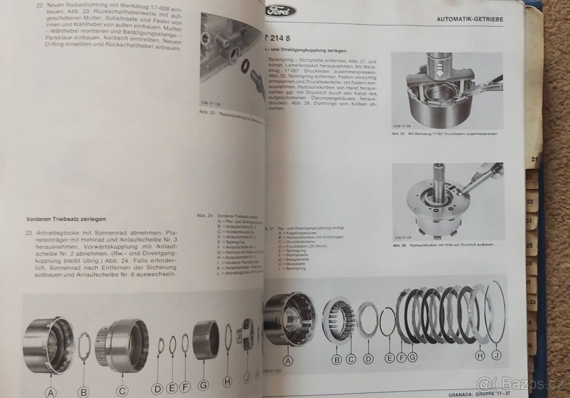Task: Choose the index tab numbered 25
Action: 530,246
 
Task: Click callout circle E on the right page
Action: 389,359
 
